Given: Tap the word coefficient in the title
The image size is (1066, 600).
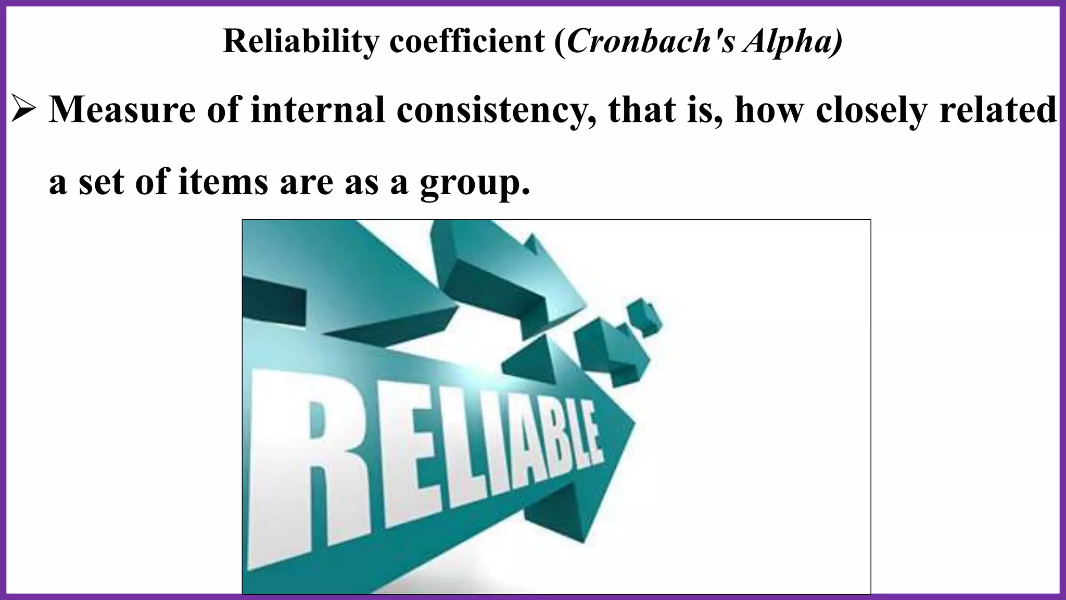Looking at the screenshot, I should tap(467, 41).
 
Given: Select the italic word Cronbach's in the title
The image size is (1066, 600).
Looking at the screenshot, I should tap(651, 41).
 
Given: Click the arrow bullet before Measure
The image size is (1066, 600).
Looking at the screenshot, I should tap(23, 110).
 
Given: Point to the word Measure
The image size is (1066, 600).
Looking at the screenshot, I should tap(123, 110).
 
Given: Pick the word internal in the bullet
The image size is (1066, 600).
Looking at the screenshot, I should tap(318, 110).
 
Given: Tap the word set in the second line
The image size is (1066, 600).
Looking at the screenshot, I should tap(101, 182).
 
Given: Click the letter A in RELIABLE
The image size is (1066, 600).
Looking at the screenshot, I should tap(526, 458).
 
